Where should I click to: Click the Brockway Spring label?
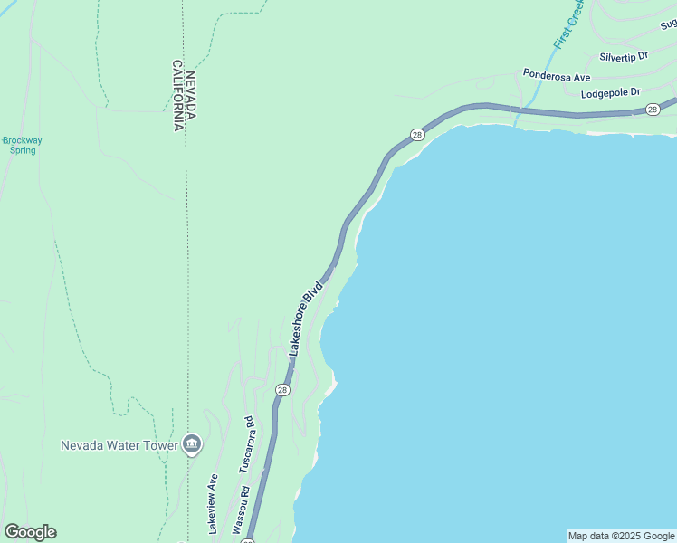22,145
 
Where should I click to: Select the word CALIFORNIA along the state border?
178,96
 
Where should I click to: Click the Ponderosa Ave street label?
557,76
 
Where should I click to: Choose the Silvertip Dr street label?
618,56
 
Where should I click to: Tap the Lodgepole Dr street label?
610,92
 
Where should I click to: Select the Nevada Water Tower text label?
119,444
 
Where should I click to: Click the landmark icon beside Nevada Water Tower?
192,444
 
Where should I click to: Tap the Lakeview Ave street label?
214,503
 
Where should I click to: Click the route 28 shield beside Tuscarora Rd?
282,390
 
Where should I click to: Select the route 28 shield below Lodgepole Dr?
653,110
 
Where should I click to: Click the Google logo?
30,532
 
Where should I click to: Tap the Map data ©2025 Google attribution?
621,536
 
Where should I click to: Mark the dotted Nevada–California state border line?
186,271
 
